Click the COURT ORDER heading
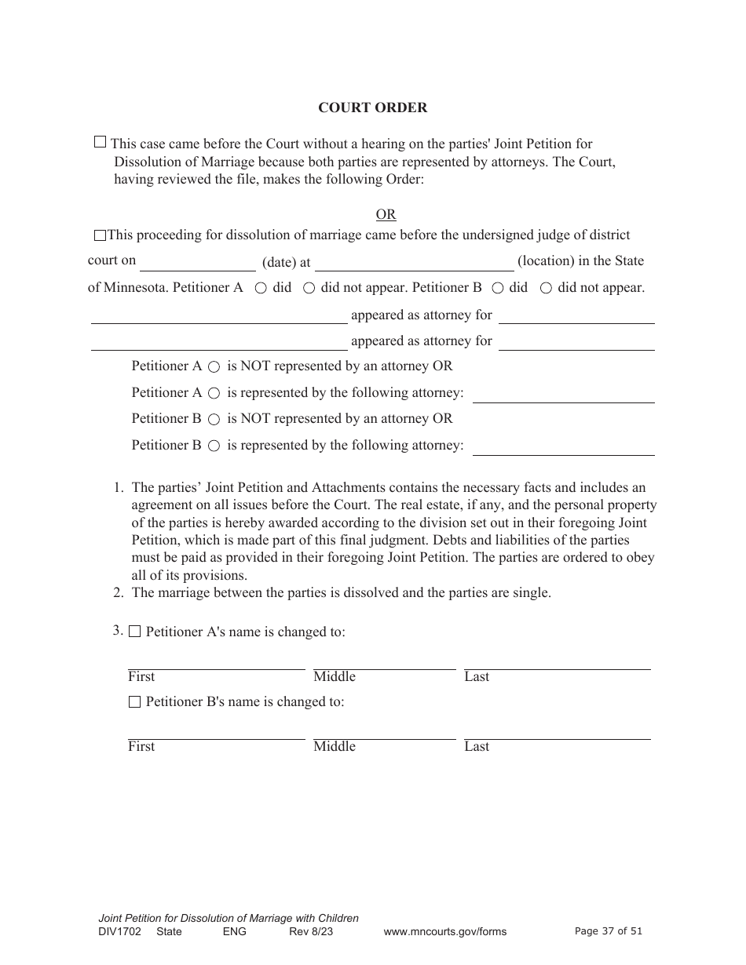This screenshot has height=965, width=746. tap(372, 108)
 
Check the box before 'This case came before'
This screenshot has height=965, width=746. tap(100, 142)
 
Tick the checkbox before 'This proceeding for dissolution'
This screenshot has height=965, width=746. tap(100, 235)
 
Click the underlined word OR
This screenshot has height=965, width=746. tap(386, 215)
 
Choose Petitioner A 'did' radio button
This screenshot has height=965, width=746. tap(261, 288)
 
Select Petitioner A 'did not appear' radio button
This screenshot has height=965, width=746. tap(309, 288)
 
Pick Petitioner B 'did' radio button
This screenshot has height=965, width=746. tap(498, 288)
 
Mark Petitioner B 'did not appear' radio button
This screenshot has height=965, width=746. tap(547, 288)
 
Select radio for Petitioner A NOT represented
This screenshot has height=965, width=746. tap(214, 366)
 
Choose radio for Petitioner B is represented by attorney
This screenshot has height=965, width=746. tap(214, 446)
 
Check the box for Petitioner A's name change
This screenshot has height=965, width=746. tap(134, 632)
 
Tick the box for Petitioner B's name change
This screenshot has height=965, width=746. tap(134, 701)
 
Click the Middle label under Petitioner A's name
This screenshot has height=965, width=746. tap(335, 676)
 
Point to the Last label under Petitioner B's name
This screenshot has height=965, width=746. tap(477, 746)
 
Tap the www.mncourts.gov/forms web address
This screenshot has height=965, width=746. tap(444, 931)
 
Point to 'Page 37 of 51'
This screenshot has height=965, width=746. tap(609, 931)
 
